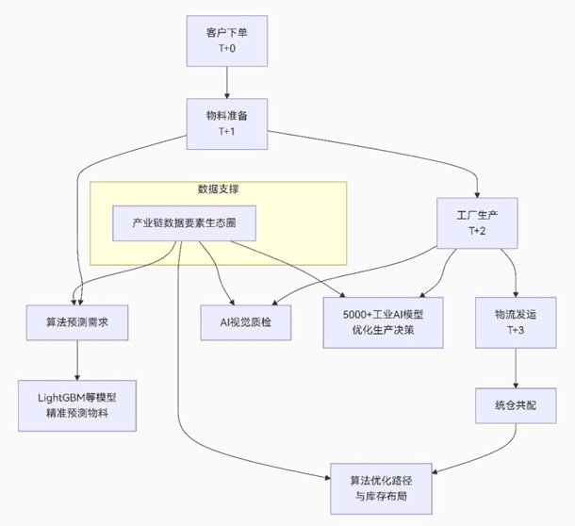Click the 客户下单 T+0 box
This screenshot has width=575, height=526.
(226, 41)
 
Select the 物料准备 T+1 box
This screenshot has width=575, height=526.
(226, 123)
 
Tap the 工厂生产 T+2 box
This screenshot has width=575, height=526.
(476, 223)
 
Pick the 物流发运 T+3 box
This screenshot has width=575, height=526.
(514, 322)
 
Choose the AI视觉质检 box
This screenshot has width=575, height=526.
(246, 322)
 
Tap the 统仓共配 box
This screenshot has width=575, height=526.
(514, 405)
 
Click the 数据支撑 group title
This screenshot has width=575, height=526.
(218, 189)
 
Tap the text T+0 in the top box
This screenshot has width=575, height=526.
(226, 49)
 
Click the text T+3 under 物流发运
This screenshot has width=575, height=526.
(514, 331)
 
